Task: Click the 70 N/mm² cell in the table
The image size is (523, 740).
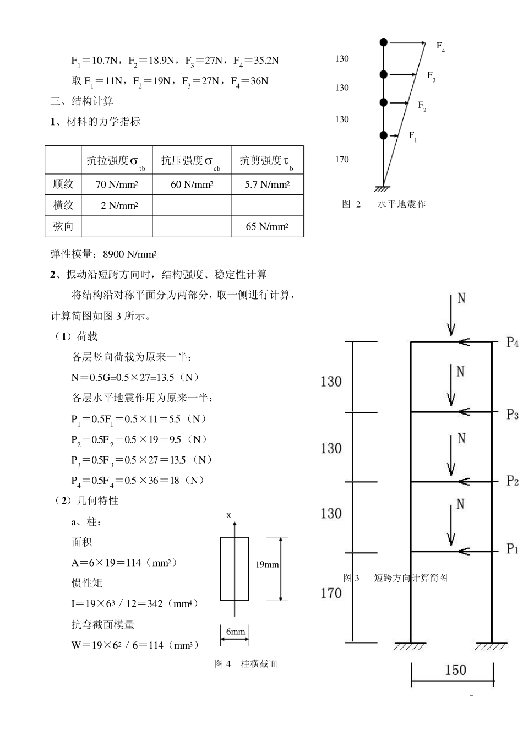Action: click(x=117, y=184)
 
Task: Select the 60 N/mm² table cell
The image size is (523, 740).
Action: click(x=192, y=184)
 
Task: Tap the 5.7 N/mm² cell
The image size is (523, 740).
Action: click(x=267, y=184)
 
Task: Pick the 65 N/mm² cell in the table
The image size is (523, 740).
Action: click(x=267, y=226)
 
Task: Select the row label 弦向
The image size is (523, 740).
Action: click(x=63, y=226)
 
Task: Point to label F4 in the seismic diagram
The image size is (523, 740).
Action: click(x=440, y=47)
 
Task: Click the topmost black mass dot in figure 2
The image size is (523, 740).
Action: click(x=384, y=42)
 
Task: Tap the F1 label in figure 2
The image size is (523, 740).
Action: click(x=412, y=135)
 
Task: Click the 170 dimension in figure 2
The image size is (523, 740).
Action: click(x=342, y=160)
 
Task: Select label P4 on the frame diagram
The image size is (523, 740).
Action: click(x=513, y=342)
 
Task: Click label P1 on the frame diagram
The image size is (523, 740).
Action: click(x=513, y=549)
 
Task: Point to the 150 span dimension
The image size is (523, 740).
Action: click(x=455, y=670)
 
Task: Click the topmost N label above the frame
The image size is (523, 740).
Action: click(x=461, y=298)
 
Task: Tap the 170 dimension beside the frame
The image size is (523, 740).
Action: click(x=331, y=593)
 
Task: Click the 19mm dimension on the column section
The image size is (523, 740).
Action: click(x=268, y=564)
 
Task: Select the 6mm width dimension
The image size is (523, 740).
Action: click(x=236, y=632)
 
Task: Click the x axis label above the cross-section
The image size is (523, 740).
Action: click(x=229, y=515)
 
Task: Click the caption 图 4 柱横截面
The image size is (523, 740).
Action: click(x=246, y=664)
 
